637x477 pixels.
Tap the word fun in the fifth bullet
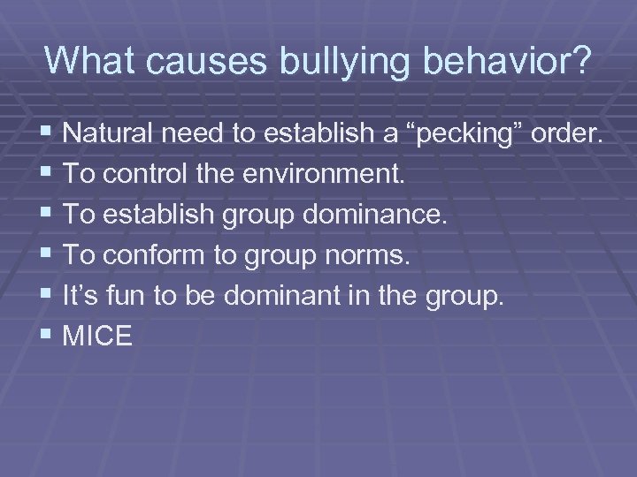pyautogui.click(x=130, y=296)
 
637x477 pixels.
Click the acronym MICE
pyautogui.click(x=98, y=336)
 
